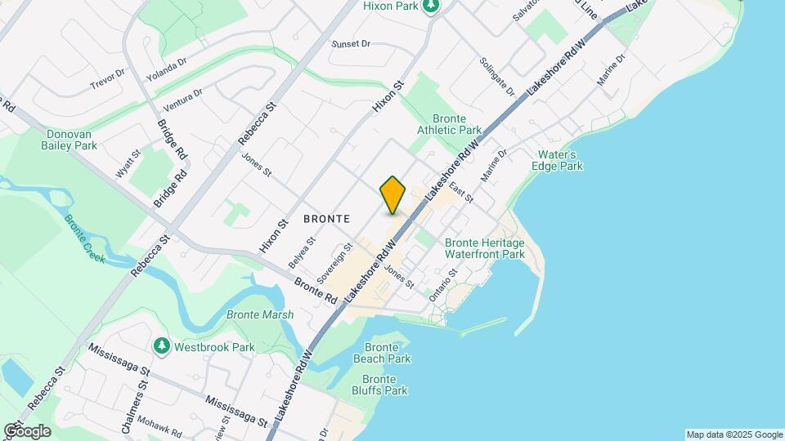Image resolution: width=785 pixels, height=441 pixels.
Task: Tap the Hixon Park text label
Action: pos(389,6)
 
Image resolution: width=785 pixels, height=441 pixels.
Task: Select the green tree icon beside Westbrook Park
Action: pos(162,347)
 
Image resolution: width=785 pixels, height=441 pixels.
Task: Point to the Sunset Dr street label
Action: pos(351,44)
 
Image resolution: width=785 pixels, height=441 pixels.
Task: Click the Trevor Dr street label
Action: pos(108,78)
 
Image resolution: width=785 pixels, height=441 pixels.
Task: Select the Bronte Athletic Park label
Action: pos(449,124)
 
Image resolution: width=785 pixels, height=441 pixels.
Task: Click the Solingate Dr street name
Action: pos(498,77)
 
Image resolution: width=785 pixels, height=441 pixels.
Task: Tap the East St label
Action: pos(462,194)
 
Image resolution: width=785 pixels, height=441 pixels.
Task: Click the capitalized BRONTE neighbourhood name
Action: pos(326,219)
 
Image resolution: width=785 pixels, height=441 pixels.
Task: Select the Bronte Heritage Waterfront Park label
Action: pos(484,248)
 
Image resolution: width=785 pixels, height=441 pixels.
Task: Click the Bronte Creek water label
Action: pos(85,238)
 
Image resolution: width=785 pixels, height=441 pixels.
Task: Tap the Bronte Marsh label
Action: pos(254,315)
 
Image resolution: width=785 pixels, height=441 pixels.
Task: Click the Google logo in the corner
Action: pos(27,430)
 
